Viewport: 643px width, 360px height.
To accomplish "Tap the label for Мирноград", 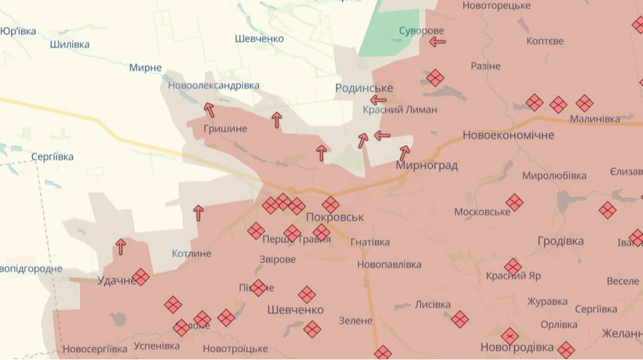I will [427, 165].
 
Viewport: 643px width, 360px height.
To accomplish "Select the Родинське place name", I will [364, 88].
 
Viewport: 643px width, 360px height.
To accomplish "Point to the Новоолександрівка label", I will [214, 85].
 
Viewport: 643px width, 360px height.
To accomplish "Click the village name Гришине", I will [225, 129].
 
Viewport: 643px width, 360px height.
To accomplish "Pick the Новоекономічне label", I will [508, 135].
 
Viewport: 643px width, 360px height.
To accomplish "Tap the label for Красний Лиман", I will [400, 110].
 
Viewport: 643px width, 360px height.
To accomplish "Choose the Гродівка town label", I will [560, 241].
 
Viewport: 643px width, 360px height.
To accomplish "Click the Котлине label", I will [191, 254].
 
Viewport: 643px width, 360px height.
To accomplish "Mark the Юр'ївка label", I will [19, 31].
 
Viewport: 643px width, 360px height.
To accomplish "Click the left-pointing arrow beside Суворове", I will [437, 42].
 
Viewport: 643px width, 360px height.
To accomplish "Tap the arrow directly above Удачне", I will [121, 246].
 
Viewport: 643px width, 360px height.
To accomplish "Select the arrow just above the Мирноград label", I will [404, 152].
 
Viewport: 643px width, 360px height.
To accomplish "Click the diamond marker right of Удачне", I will [141, 276].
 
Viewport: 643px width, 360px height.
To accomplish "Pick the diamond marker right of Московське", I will [514, 203].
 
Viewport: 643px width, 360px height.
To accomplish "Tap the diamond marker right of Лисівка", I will [459, 319].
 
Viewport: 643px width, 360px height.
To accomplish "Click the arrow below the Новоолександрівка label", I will [209, 109].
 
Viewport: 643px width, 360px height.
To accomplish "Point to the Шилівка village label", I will [70, 44].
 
